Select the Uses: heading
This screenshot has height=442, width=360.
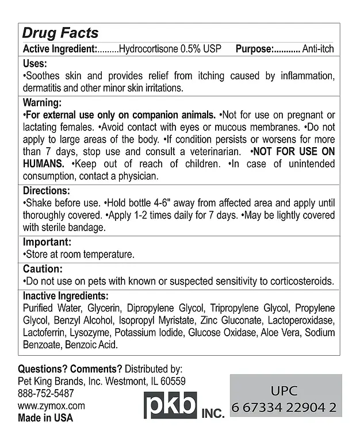click(35, 64)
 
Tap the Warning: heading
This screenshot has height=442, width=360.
click(42, 102)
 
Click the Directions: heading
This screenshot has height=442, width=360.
click(47, 191)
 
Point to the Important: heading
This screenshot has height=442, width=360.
click(47, 242)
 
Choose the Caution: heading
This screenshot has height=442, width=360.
click(42, 269)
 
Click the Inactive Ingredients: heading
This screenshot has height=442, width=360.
click(66, 296)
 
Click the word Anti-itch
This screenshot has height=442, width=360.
click(319, 49)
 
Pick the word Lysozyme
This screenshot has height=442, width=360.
click(92, 333)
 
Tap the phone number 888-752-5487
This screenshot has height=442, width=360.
click(46, 393)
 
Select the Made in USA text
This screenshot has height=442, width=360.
click(45, 418)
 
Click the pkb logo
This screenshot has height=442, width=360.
click(170, 405)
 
